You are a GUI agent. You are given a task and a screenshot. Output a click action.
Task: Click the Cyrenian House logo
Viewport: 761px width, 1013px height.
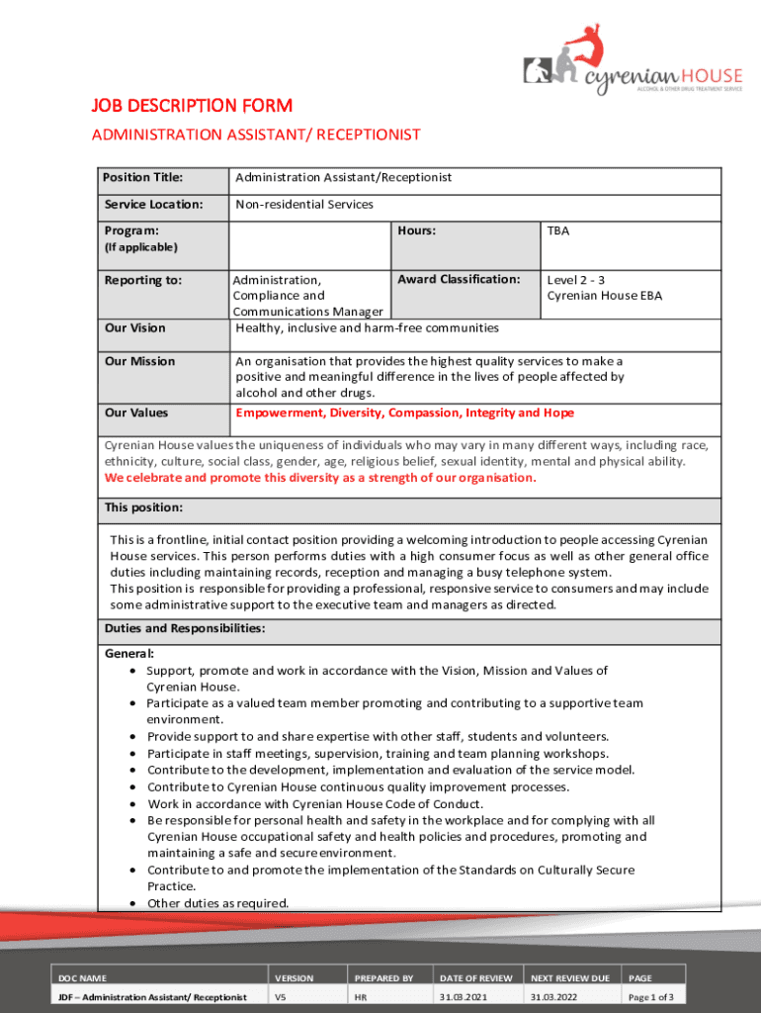[633, 59]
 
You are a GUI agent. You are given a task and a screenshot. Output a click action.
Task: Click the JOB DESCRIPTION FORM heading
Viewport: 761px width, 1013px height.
[192, 105]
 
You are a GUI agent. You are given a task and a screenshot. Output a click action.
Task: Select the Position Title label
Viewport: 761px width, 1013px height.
[143, 177]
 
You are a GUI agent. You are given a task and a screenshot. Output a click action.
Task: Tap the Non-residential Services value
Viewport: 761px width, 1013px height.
[303, 205]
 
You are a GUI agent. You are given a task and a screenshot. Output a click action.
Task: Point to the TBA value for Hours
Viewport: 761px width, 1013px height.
[558, 230]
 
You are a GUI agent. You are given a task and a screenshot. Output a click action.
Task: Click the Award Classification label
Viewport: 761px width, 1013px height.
[459, 279]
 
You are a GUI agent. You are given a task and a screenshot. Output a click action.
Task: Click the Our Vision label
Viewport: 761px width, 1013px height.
[135, 327]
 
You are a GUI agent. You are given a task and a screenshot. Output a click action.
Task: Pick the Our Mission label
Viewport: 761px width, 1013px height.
[139, 361]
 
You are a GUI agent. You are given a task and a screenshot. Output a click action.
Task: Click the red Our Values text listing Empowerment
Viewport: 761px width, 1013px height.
[404, 413]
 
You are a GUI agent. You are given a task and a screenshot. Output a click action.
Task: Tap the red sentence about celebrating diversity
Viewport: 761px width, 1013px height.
[320, 478]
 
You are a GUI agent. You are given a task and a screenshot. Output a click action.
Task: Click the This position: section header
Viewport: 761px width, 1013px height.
[143, 507]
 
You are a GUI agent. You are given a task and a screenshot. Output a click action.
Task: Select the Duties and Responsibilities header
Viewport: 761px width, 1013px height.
[184, 628]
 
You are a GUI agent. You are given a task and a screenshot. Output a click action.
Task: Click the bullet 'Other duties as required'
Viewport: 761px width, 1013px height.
[217, 902]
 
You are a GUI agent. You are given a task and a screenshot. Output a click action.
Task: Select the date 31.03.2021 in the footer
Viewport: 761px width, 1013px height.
[463, 997]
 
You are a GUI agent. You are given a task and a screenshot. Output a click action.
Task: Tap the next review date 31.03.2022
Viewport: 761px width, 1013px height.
[553, 997]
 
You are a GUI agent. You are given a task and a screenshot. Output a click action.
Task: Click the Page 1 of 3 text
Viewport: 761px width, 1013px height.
[650, 997]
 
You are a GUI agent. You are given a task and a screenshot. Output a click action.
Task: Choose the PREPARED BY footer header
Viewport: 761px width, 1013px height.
[383, 977]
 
